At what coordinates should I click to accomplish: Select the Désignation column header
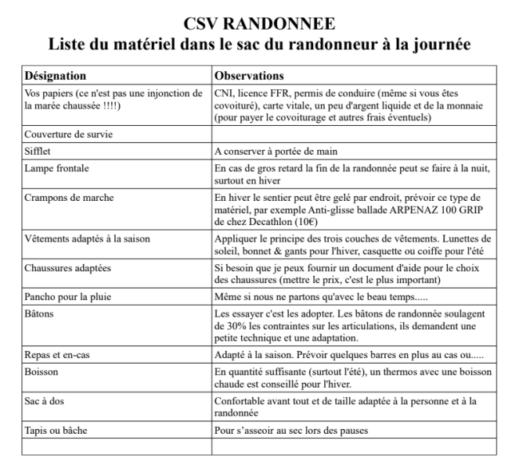tap(56, 77)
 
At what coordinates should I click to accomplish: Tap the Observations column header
tap(250, 77)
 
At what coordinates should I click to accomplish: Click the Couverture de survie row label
tap(68, 134)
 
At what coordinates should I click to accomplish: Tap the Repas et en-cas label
tap(59, 355)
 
